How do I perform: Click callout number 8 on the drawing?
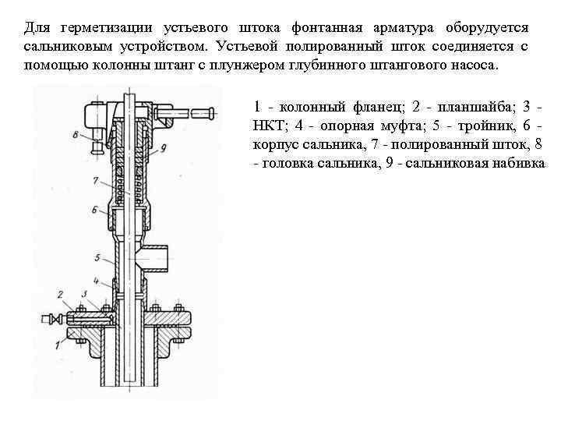point(75,135)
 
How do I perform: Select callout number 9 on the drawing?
point(164,147)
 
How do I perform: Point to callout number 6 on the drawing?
point(93,210)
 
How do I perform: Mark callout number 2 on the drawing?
point(59,294)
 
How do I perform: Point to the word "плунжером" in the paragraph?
point(251,65)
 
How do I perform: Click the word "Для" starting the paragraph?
point(36,28)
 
